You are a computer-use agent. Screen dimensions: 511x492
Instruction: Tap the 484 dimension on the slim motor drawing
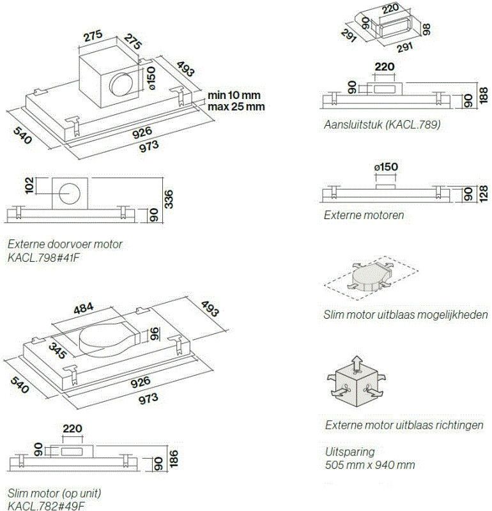click(82, 307)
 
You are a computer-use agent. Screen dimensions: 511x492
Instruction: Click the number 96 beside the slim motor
click(153, 333)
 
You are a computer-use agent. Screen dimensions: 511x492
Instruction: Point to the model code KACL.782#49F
click(46, 506)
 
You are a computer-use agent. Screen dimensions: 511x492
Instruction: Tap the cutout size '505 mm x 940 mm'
click(370, 464)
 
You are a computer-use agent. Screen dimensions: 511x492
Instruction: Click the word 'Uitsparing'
click(350, 451)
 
